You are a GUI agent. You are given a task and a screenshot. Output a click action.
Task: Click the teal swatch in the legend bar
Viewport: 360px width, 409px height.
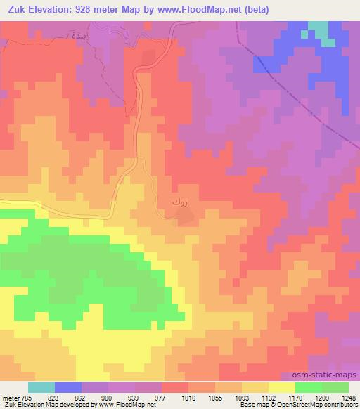pos(41,387)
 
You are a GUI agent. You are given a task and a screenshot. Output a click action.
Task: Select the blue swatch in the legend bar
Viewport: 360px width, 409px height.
pos(68,387)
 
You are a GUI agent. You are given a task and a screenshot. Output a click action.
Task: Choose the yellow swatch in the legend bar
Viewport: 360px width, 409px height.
pos(281,387)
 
